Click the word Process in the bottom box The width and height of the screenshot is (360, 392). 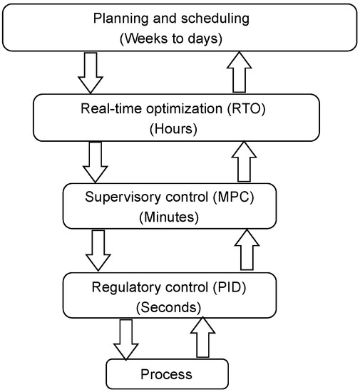[x=167, y=373]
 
